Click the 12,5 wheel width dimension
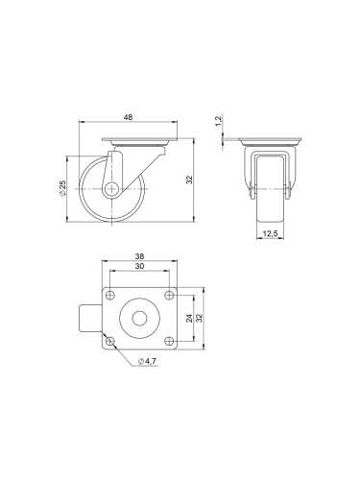[x=270, y=233]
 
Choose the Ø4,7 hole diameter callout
[x=148, y=360]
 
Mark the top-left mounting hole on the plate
[x=110, y=295]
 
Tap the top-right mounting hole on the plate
[x=169, y=295]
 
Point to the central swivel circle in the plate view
[x=140, y=319]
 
